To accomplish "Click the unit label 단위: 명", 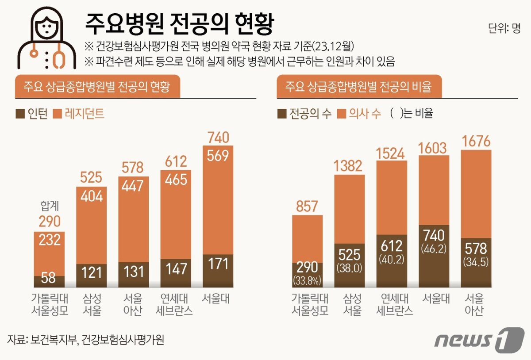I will coord(504,29).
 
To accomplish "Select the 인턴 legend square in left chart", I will coord(20,114).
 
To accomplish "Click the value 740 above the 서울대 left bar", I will coord(218,138).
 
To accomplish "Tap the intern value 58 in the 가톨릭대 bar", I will coord(49,279).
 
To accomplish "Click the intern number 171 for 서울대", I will coord(218,264).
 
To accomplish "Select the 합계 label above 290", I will coord(49,206).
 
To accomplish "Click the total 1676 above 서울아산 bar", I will coord(476,142).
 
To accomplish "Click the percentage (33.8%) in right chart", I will coord(308,280).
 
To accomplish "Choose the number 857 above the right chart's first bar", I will coord(308,207).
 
